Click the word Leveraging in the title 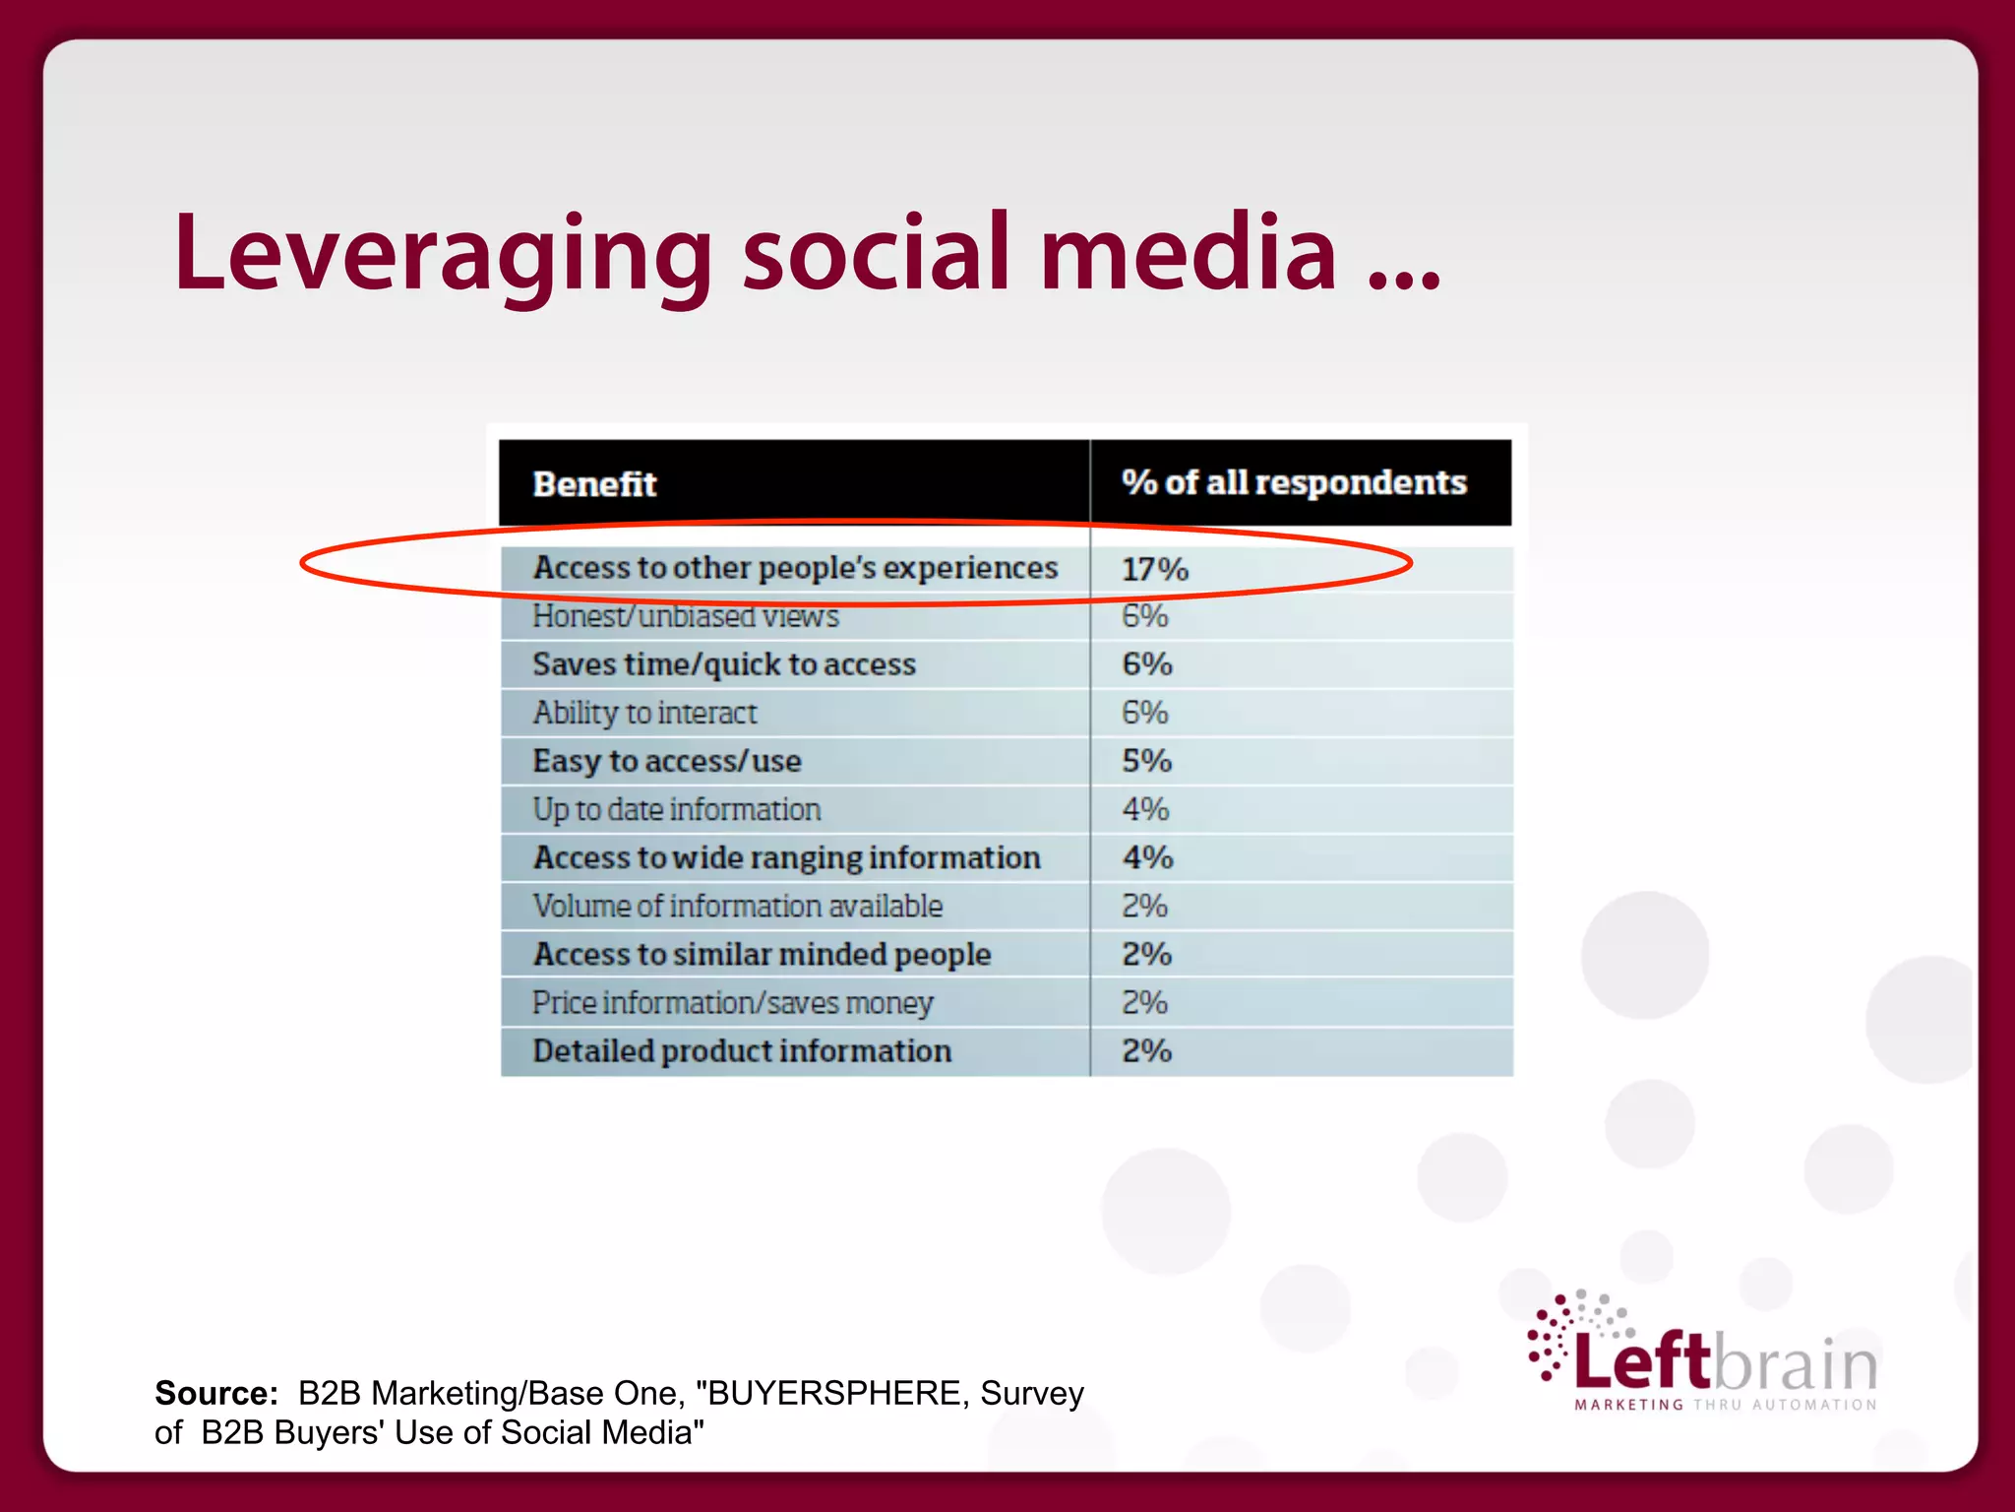[x=443, y=254]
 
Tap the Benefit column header [x=594, y=484]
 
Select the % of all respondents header [x=1294, y=482]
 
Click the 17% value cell [x=1155, y=569]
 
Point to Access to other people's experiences [x=795, y=568]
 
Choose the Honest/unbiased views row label [x=686, y=616]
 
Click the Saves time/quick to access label [x=724, y=664]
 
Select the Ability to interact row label [x=645, y=713]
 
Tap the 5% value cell [x=1147, y=761]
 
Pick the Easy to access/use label [x=667, y=761]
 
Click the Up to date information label [x=677, y=809]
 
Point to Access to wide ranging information [x=787, y=857]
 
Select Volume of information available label [x=738, y=906]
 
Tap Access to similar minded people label [x=762, y=954]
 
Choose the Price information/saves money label [x=733, y=1003]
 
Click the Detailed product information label [x=742, y=1051]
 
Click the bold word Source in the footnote [x=216, y=1393]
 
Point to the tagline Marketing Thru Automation [x=1726, y=1405]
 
